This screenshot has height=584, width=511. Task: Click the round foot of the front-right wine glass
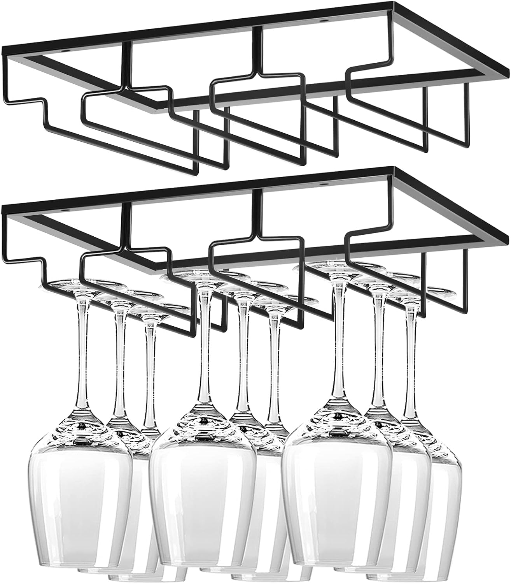pos(334,269)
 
